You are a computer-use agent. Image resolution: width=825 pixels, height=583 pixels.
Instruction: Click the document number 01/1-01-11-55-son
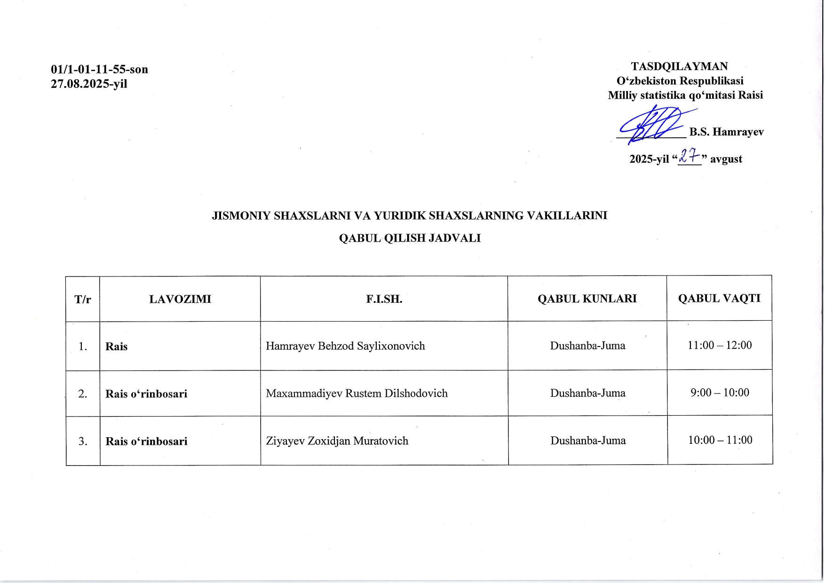99,70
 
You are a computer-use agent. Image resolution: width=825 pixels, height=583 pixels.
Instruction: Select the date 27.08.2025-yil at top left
89,84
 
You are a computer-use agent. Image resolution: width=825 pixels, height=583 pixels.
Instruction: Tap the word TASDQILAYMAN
679,66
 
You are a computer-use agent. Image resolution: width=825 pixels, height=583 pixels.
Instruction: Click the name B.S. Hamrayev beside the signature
726,132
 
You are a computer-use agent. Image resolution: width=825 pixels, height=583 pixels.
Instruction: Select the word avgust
726,159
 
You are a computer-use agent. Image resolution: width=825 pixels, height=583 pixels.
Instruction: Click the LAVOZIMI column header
180,299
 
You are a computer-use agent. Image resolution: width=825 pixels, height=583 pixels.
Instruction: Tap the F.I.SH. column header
384,299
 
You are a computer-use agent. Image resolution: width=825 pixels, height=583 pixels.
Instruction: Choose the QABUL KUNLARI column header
587,299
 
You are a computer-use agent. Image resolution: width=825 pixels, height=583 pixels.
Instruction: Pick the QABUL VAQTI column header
719,298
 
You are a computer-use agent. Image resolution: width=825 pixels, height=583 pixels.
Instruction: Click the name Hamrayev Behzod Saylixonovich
345,346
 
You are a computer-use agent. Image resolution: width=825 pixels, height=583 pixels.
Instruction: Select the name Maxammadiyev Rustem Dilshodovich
357,394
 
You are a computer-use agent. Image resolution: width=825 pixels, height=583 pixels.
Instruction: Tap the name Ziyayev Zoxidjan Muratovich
337,441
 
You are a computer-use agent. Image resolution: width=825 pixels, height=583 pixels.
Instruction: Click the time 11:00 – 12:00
720,345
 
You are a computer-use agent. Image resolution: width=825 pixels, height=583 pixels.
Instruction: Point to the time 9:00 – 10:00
720,393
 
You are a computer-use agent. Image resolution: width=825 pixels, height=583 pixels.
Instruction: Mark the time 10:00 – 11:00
720,440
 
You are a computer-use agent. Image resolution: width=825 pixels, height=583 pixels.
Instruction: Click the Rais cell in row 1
117,347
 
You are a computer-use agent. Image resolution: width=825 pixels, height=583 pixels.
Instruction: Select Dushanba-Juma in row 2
587,393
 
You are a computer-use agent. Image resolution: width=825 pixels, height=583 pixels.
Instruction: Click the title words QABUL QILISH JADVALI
410,238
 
